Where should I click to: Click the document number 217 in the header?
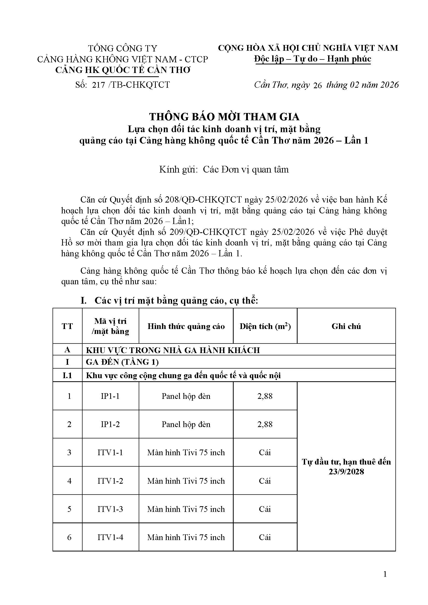(99, 85)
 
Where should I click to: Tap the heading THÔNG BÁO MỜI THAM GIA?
(224, 117)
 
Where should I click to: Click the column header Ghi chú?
(346, 326)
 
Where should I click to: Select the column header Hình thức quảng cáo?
(186, 326)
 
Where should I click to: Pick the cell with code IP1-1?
(110, 396)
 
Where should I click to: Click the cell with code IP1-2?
(110, 424)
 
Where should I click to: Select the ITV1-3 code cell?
(110, 509)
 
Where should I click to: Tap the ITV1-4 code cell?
(110, 537)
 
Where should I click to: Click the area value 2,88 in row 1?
(265, 396)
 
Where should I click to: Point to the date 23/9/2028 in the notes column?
(346, 472)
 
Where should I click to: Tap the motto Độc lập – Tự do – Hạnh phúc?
(313, 58)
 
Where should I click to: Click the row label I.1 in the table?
(67, 375)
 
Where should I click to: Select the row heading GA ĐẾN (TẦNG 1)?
(122, 362)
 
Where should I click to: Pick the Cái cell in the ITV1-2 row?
(265, 481)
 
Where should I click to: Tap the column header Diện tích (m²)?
(265, 326)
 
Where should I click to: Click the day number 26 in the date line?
(318, 85)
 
